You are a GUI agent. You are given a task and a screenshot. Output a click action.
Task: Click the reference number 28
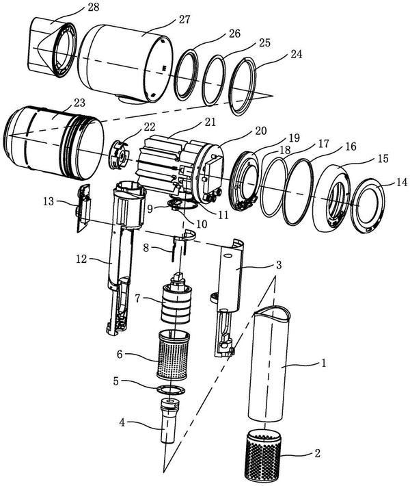click(x=93, y=7)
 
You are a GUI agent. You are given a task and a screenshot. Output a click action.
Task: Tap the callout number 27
click(x=184, y=20)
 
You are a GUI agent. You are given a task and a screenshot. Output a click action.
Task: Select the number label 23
click(x=79, y=103)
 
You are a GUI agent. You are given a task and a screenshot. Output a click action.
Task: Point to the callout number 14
click(x=402, y=183)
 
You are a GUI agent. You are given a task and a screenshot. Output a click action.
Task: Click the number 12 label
click(x=81, y=259)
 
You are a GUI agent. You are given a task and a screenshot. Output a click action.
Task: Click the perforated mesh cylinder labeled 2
click(x=262, y=455)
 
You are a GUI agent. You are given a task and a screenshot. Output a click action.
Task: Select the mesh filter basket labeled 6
click(x=173, y=355)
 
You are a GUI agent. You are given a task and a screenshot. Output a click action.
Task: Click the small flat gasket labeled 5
click(x=170, y=390)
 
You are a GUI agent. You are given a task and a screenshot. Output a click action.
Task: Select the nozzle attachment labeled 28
click(x=53, y=47)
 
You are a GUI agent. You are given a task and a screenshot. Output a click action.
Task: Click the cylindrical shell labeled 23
click(x=54, y=142)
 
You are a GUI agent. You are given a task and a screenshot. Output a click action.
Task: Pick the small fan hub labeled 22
click(x=119, y=155)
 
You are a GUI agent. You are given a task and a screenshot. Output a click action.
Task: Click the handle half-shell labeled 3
click(x=228, y=298)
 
